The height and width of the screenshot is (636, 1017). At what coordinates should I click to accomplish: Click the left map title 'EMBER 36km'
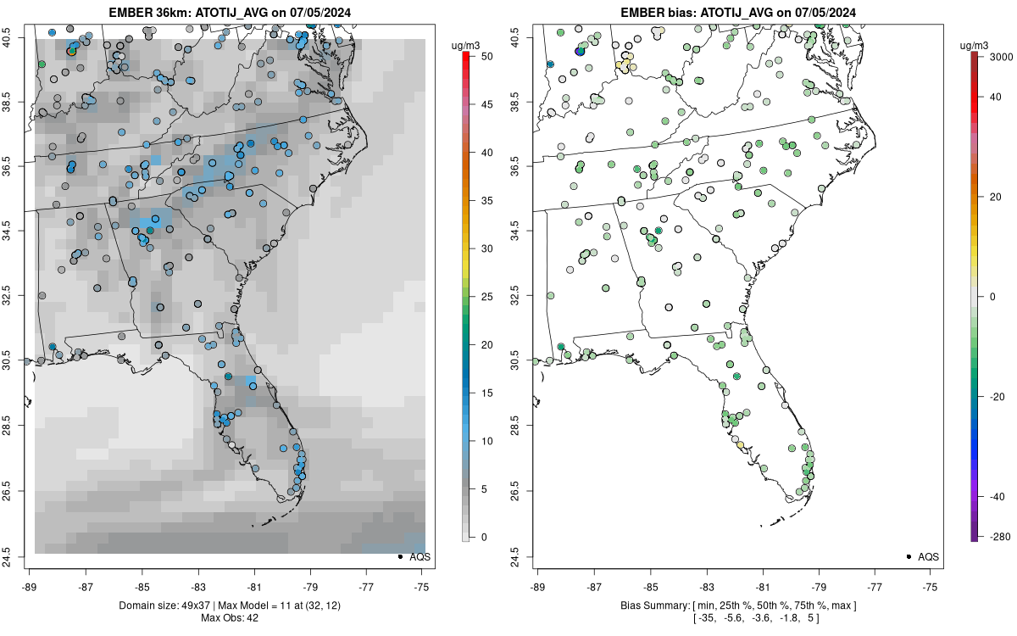[x=148, y=12]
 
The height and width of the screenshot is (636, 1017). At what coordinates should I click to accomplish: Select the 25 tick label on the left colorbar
[x=487, y=297]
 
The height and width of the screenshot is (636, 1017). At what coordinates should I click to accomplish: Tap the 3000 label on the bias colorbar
[x=1001, y=57]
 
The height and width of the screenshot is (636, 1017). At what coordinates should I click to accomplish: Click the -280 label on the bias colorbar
[x=1001, y=537]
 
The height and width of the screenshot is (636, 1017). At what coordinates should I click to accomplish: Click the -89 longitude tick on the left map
[x=29, y=587]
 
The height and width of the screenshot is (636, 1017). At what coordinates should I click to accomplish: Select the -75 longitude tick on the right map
[x=931, y=587]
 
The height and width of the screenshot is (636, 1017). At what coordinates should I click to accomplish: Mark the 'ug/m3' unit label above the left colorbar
[x=465, y=46]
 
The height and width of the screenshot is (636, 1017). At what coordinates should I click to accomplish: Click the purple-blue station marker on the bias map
[x=580, y=52]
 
